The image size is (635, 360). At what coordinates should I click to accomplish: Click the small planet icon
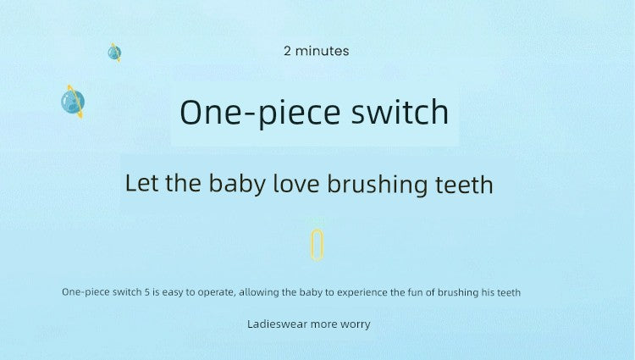(114, 53)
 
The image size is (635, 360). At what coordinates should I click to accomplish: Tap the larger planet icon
(73, 102)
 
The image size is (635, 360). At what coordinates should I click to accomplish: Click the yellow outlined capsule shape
(317, 245)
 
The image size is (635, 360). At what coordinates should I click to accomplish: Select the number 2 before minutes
(287, 51)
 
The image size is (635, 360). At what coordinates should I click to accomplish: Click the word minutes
(322, 51)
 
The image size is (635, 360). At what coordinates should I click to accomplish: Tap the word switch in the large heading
(400, 111)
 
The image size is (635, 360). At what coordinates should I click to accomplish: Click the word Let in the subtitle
(141, 183)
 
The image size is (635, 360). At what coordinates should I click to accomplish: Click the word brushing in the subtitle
(377, 185)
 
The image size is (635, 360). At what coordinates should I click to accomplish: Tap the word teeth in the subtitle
(464, 184)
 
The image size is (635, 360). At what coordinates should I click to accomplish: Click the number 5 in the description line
(146, 292)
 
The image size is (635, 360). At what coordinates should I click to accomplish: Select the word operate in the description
(216, 293)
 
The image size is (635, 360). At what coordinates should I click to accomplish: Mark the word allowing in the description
(258, 293)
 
